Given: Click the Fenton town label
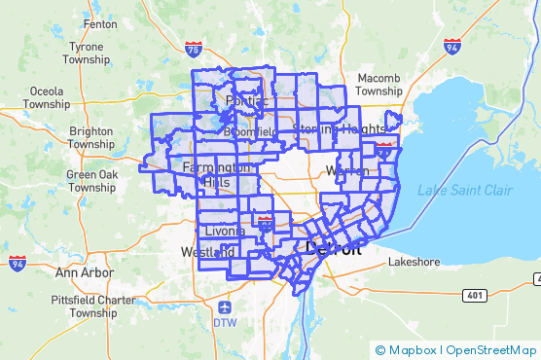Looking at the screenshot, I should (x=101, y=23).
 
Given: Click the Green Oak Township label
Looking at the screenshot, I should (x=92, y=181).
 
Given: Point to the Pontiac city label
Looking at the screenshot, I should (x=245, y=101).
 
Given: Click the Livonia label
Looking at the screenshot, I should (x=226, y=231).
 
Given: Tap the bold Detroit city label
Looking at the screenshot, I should (x=334, y=249).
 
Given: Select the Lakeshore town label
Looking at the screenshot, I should (x=415, y=263).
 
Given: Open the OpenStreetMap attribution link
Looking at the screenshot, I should (x=490, y=350).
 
